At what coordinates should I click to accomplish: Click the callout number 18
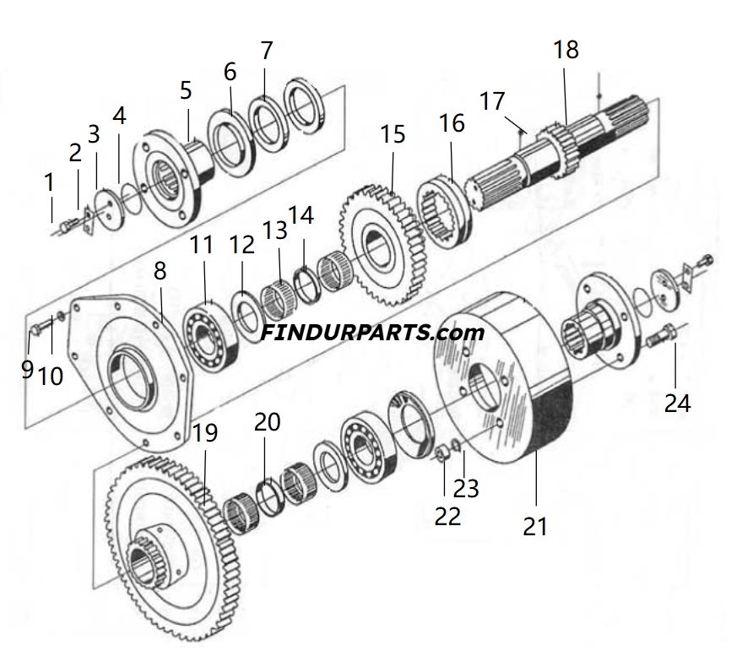tap(566, 50)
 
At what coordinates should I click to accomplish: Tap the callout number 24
tap(677, 403)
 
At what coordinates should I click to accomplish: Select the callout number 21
tap(535, 526)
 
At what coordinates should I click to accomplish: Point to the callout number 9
tap(27, 369)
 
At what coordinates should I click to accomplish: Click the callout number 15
tap(393, 134)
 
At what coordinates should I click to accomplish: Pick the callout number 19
tap(204, 433)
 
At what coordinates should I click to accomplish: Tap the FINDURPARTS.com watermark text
tap(372, 332)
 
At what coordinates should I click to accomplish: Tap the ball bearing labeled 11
tap(208, 338)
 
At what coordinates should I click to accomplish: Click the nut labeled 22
tap(440, 457)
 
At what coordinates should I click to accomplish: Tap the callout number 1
tap(49, 182)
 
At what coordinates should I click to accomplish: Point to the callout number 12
tap(241, 245)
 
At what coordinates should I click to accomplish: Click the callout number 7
tap(267, 50)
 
